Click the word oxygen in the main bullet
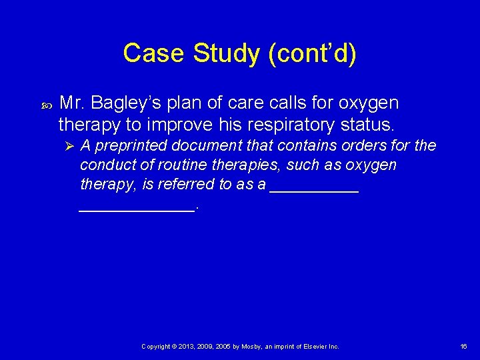368,103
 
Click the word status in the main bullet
369,125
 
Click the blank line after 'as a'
314,189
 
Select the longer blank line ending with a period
137,209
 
